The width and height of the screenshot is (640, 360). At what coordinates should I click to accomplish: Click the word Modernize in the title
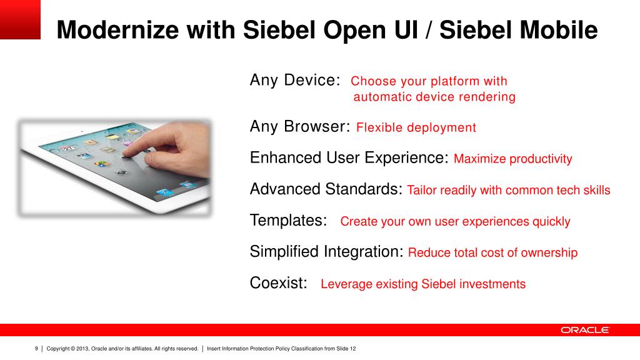tap(117, 30)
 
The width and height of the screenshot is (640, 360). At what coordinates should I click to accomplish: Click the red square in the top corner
tap(20, 19)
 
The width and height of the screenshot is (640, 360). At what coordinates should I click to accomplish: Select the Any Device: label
tap(295, 80)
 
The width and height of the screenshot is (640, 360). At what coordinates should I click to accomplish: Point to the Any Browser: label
tap(300, 126)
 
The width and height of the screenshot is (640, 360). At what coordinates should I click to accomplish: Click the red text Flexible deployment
tap(416, 127)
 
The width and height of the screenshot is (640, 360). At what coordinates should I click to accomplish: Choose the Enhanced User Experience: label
tap(349, 158)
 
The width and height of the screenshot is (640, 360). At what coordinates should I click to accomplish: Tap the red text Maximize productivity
tap(512, 159)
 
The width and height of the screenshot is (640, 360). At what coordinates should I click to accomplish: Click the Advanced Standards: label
tap(326, 189)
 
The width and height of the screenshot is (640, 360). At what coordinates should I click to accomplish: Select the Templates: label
tap(288, 221)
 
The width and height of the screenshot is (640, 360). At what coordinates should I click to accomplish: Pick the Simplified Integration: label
tap(326, 252)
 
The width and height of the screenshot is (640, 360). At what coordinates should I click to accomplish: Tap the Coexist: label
tap(278, 283)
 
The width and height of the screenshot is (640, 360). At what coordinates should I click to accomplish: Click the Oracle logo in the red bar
tap(584, 330)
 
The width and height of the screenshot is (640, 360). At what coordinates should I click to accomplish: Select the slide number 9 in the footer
tap(36, 349)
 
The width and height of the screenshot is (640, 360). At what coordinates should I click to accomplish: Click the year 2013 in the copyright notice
tap(82, 349)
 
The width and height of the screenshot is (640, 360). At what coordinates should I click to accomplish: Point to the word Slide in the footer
tap(342, 349)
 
